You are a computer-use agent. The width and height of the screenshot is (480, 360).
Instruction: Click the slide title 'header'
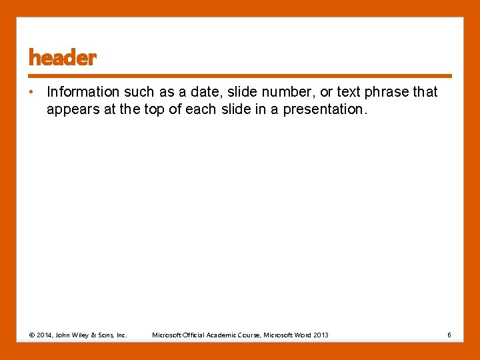tap(63, 59)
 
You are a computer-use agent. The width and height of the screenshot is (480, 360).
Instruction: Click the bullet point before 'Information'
tap(32, 92)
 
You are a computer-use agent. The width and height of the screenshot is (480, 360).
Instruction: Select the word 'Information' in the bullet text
tap(83, 92)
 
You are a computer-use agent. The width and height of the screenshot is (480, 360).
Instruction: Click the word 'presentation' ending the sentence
tap(325, 109)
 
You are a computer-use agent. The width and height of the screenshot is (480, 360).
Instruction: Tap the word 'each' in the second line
tap(201, 109)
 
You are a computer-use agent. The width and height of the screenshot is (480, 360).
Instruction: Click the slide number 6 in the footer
tap(449, 335)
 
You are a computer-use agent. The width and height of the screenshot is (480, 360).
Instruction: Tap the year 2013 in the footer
tap(320, 335)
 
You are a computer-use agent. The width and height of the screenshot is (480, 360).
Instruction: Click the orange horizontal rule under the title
tap(240, 76)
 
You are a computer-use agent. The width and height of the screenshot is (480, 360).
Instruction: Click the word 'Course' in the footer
tap(250, 335)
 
